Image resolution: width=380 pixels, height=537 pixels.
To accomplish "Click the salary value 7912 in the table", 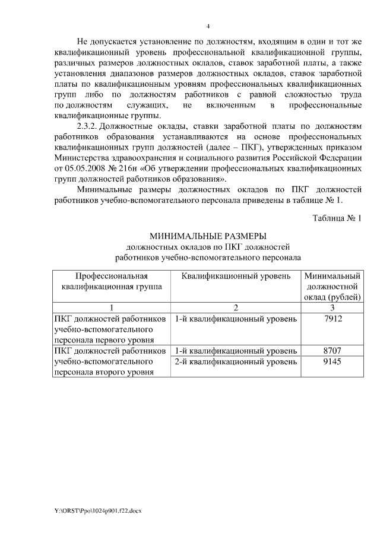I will tap(332, 319).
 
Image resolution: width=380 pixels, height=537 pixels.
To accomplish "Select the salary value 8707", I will tap(332, 350).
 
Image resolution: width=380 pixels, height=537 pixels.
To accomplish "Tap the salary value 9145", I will tap(332, 361).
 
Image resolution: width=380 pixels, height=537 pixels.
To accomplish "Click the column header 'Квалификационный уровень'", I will tap(236, 276).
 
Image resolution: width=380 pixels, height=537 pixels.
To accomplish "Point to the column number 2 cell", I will tap(236, 307).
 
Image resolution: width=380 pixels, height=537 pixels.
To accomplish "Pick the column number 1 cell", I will tap(111, 307).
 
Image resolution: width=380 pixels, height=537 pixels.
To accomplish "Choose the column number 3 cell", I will tap(332, 307).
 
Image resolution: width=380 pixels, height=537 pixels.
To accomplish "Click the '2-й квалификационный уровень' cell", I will tap(236, 361).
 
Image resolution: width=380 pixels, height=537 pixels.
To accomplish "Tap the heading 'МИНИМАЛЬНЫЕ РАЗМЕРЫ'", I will tap(208, 236).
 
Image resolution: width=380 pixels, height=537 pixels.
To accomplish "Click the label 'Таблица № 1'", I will tap(337, 218).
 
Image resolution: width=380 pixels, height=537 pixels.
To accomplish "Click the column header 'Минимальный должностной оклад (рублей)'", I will tap(332, 286).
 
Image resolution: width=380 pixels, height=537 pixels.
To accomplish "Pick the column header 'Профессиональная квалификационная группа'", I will tap(111, 281).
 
